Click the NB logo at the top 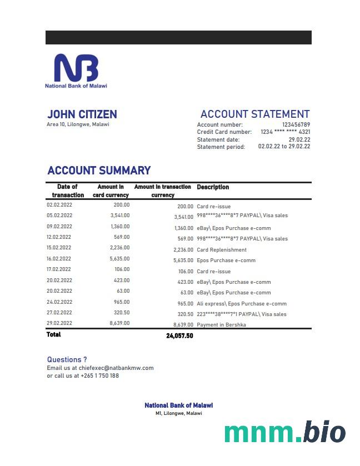click(x=76, y=68)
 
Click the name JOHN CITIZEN click(x=82, y=114)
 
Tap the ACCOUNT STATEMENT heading click(x=255, y=114)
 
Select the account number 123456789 click(x=296, y=125)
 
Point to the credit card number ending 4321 click(x=285, y=132)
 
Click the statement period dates click(x=284, y=147)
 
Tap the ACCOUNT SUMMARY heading click(x=99, y=171)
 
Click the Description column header click(x=213, y=187)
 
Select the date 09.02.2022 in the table click(x=59, y=227)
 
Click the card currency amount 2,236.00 click(x=119, y=248)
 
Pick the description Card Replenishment click(x=222, y=250)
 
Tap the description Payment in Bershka click(x=221, y=325)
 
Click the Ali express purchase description click(x=242, y=304)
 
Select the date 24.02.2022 click(x=59, y=302)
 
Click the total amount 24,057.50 click(x=179, y=336)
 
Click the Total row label click(x=54, y=334)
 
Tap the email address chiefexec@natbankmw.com click(x=116, y=368)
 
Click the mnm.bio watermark click(x=284, y=433)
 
